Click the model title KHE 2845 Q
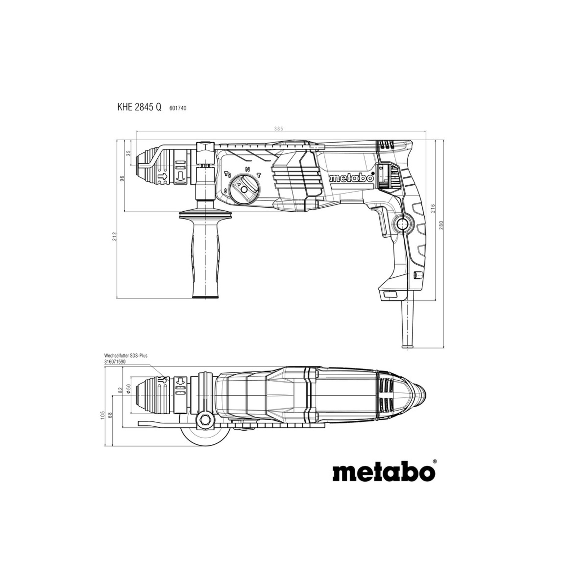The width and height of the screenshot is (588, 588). pyautogui.click(x=139, y=107)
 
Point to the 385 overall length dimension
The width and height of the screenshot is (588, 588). pyautogui.click(x=279, y=129)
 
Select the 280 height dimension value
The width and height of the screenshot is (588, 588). pyautogui.click(x=441, y=225)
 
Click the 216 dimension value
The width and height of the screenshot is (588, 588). pyautogui.click(x=433, y=208)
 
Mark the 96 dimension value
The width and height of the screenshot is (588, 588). pyautogui.click(x=122, y=179)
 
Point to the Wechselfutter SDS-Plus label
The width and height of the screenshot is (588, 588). pyautogui.click(x=126, y=356)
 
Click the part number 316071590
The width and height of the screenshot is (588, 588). pyautogui.click(x=115, y=361)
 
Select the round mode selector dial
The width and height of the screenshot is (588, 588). pyautogui.click(x=244, y=190)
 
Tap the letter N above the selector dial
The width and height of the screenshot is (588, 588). pyautogui.click(x=247, y=169)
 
